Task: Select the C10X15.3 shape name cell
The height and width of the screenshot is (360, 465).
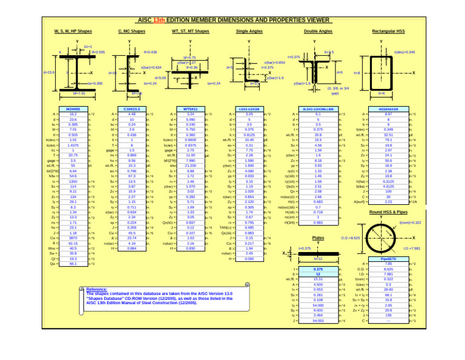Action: [132, 108]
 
